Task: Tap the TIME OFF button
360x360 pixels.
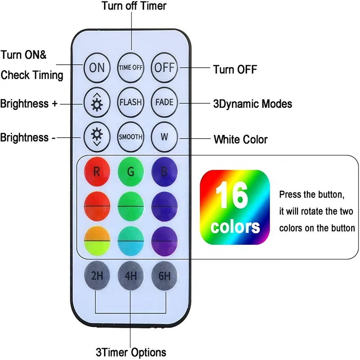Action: (x=131, y=67)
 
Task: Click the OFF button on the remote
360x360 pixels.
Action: (x=164, y=67)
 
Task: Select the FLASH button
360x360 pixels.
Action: (x=131, y=102)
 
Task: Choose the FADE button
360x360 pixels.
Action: (x=164, y=102)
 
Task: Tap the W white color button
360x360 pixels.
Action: (x=164, y=136)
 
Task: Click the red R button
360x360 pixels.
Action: (x=97, y=171)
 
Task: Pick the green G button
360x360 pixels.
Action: (x=131, y=171)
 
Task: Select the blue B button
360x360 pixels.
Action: (x=164, y=171)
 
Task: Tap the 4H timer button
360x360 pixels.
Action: (x=131, y=275)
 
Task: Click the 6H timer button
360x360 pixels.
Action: (x=164, y=275)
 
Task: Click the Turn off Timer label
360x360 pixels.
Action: (x=134, y=6)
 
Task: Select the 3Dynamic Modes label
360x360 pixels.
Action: (x=252, y=104)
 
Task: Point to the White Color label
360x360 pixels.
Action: (x=240, y=139)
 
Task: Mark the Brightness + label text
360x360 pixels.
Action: (x=29, y=104)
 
